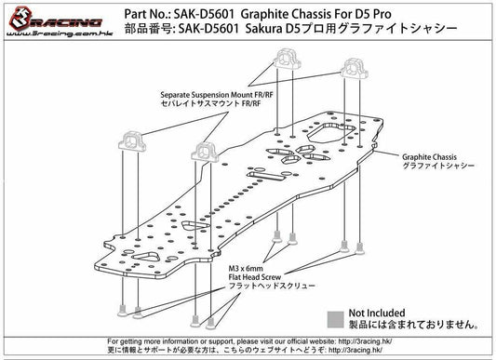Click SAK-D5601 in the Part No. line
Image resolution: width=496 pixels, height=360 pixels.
point(197,12)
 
